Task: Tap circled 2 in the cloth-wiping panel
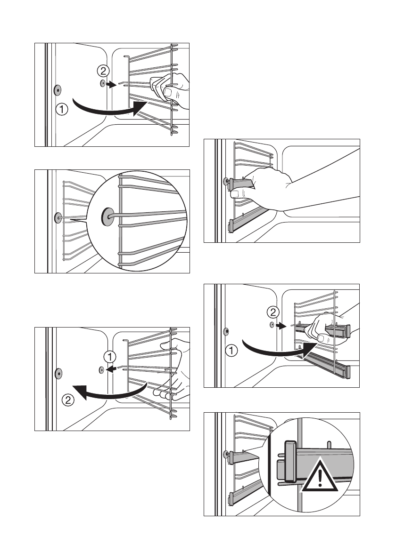tap(103, 71)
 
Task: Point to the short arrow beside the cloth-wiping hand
tap(112, 85)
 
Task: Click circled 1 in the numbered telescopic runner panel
tap(231, 351)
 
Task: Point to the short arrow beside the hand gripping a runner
tap(281, 325)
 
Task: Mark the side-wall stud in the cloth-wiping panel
tap(57, 90)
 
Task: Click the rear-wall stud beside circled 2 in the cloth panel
tap(102, 84)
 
